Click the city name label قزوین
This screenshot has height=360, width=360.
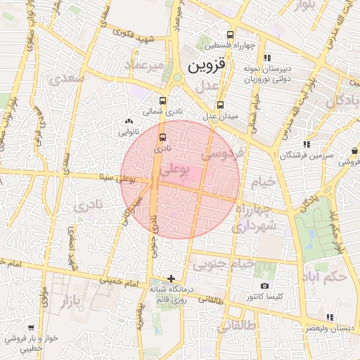point(209,67)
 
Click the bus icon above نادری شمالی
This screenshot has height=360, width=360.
point(163,101)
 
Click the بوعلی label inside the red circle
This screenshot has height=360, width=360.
point(174,169)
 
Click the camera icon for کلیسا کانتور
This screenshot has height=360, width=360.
point(264,285)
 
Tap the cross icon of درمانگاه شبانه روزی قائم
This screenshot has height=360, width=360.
point(171,278)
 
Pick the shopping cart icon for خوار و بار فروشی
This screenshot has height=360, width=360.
point(30,328)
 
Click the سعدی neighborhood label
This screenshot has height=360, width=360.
point(67,79)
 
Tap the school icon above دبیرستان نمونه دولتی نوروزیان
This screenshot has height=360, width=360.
point(266,58)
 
